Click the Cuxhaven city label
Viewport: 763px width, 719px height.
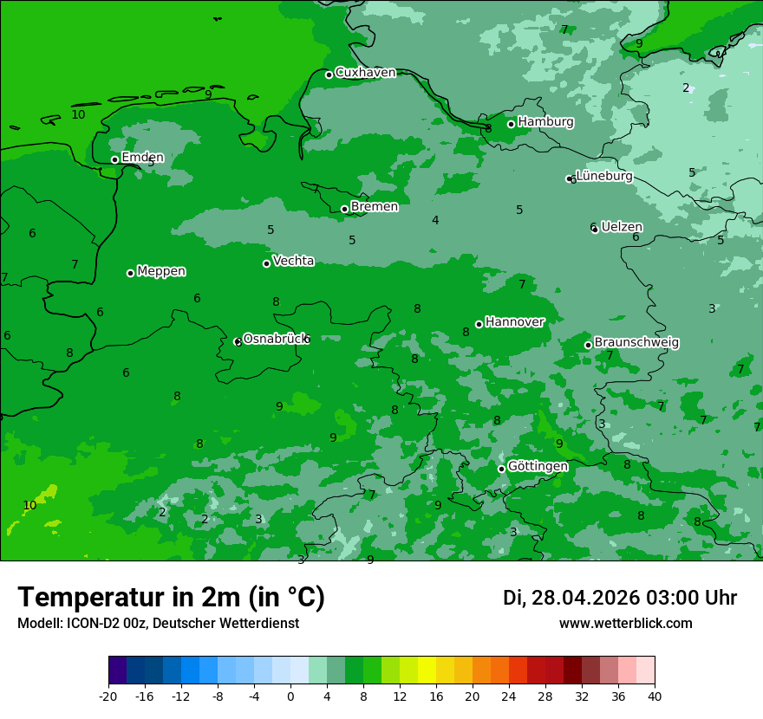click(365, 73)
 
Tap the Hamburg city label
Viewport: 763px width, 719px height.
click(545, 122)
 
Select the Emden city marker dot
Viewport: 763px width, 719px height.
click(114, 159)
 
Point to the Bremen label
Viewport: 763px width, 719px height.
click(374, 207)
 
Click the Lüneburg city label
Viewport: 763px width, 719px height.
click(604, 177)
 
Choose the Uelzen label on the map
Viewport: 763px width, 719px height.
click(622, 227)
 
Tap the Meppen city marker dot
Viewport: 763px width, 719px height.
click(130, 273)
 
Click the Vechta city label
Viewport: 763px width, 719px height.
click(293, 261)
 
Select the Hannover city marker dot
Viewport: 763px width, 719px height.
click(479, 324)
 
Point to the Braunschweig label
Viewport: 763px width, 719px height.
click(636, 343)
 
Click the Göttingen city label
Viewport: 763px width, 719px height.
click(538, 467)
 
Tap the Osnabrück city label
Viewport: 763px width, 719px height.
click(276, 339)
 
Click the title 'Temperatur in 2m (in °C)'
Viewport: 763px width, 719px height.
click(171, 598)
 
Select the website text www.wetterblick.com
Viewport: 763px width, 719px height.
click(625, 624)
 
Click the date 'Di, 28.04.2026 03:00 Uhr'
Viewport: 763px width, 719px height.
click(620, 598)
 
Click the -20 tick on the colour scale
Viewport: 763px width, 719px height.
click(108, 696)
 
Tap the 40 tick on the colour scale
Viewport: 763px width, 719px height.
click(655, 696)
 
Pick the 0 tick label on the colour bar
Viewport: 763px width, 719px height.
click(290, 696)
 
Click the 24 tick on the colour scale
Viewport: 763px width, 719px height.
click(509, 696)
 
